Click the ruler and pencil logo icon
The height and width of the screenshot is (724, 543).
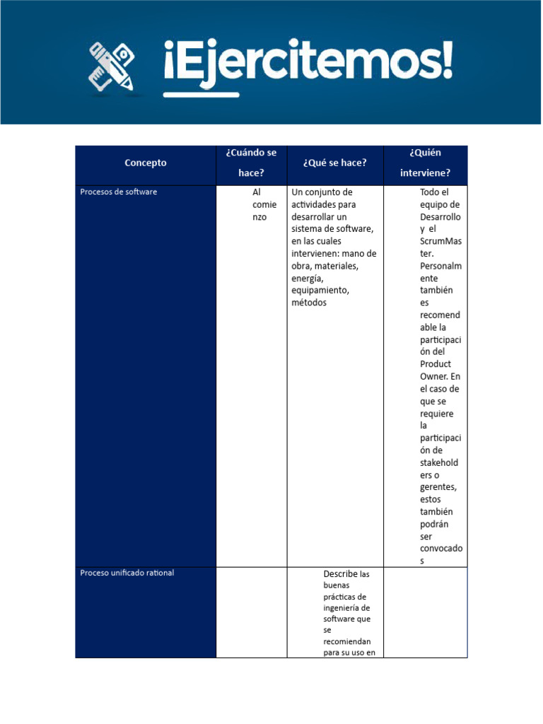pyautogui.click(x=112, y=66)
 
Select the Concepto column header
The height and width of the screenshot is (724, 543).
pyautogui.click(x=146, y=163)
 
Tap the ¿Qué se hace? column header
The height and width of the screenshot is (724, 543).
pyautogui.click(x=334, y=163)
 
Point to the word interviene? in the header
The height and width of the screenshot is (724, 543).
pyautogui.click(x=425, y=173)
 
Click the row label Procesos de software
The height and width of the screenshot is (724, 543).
pyautogui.click(x=119, y=192)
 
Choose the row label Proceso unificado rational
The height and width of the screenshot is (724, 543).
pyautogui.click(x=127, y=573)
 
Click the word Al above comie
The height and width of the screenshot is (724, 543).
pyautogui.click(x=257, y=192)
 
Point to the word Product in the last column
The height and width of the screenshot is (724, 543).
pyautogui.click(x=435, y=364)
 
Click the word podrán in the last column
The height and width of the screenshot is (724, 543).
pyautogui.click(x=434, y=524)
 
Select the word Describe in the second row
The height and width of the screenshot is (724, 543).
pyautogui.click(x=340, y=573)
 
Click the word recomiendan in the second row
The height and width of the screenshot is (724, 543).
pyautogui.click(x=347, y=642)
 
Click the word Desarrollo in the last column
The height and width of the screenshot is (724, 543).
pyautogui.click(x=440, y=216)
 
